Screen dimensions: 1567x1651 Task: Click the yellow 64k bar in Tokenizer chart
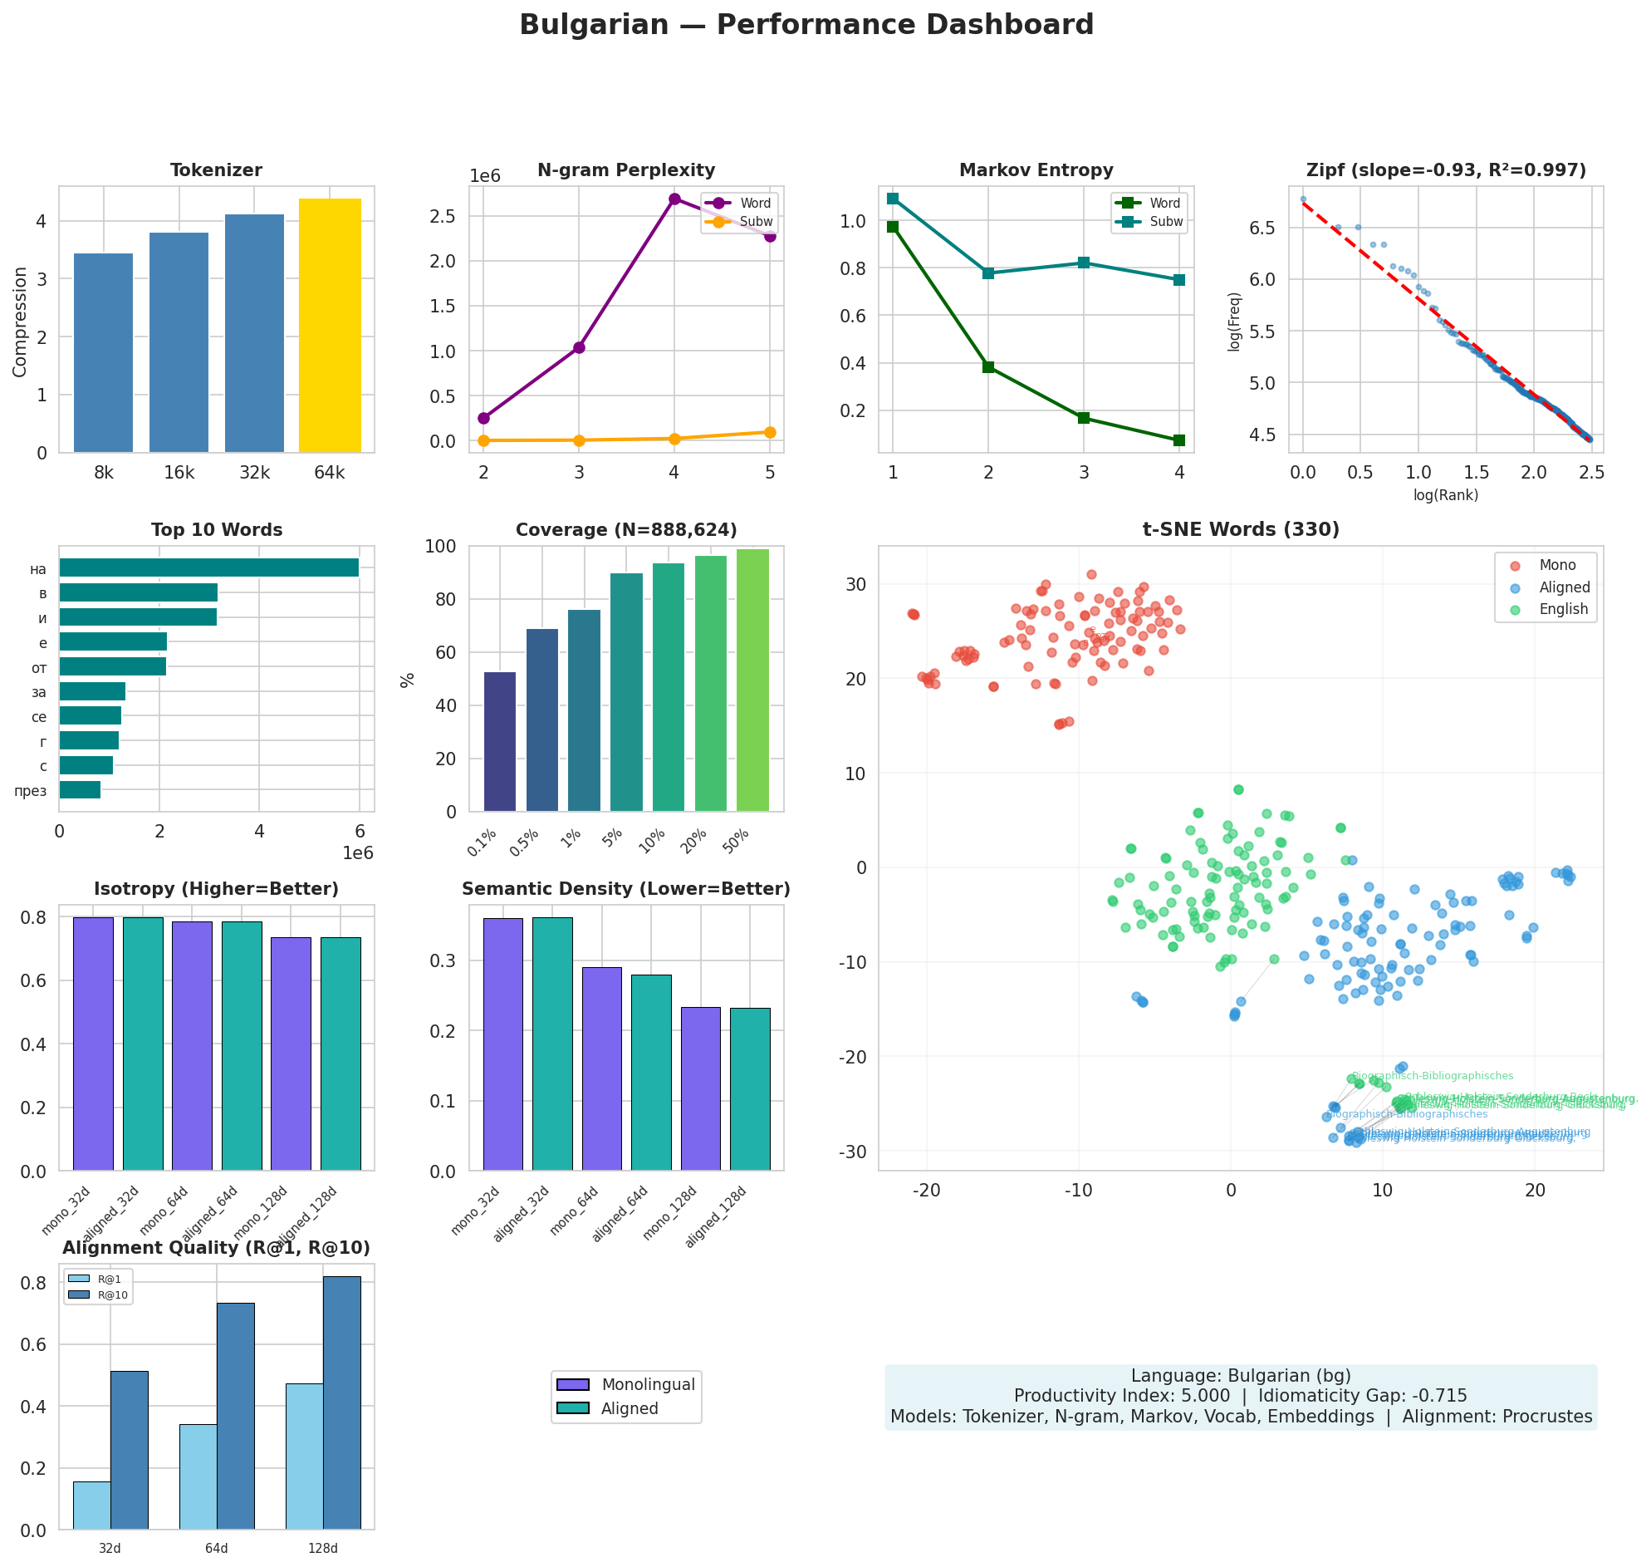coord(330,326)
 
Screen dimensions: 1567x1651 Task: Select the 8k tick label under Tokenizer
coord(104,474)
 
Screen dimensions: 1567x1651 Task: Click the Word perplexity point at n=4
coord(674,199)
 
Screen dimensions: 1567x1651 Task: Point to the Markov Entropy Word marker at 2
coord(989,367)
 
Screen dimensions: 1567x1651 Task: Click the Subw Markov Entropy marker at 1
coord(893,199)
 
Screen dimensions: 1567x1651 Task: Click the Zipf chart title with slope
coord(1446,171)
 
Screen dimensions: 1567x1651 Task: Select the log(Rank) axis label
coord(1446,495)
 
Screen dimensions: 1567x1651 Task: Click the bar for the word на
coord(208,568)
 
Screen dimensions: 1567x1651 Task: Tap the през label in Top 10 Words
coord(31,792)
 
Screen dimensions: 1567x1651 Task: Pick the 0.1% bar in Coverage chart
coord(500,742)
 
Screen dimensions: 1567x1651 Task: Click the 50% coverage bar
coord(752,680)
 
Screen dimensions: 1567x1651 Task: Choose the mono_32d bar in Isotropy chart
coord(94,1044)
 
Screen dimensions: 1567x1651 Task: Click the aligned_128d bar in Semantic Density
coord(750,1090)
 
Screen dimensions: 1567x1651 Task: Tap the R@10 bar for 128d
coord(342,1403)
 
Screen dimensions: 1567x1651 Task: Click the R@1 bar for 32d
coord(92,1506)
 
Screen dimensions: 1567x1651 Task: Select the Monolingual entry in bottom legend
coord(648,1385)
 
